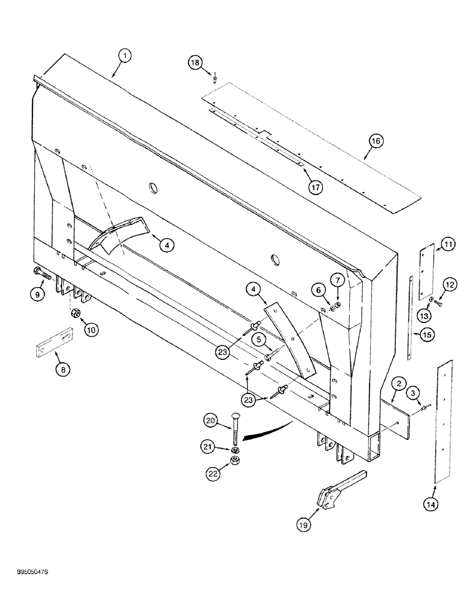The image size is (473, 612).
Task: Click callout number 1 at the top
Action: coord(124,56)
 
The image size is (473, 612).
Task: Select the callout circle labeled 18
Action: coord(194,62)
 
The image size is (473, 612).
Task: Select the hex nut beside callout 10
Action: coord(72,314)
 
